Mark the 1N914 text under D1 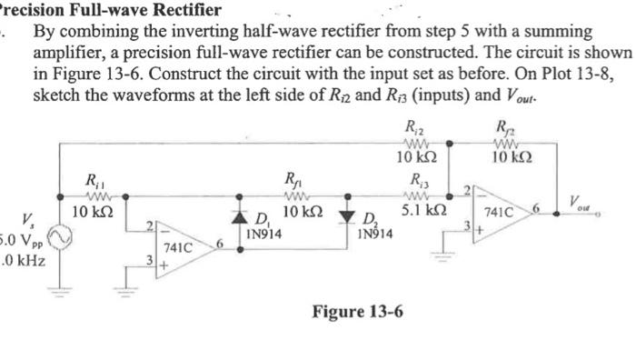coord(263,234)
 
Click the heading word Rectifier coord(185,10)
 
